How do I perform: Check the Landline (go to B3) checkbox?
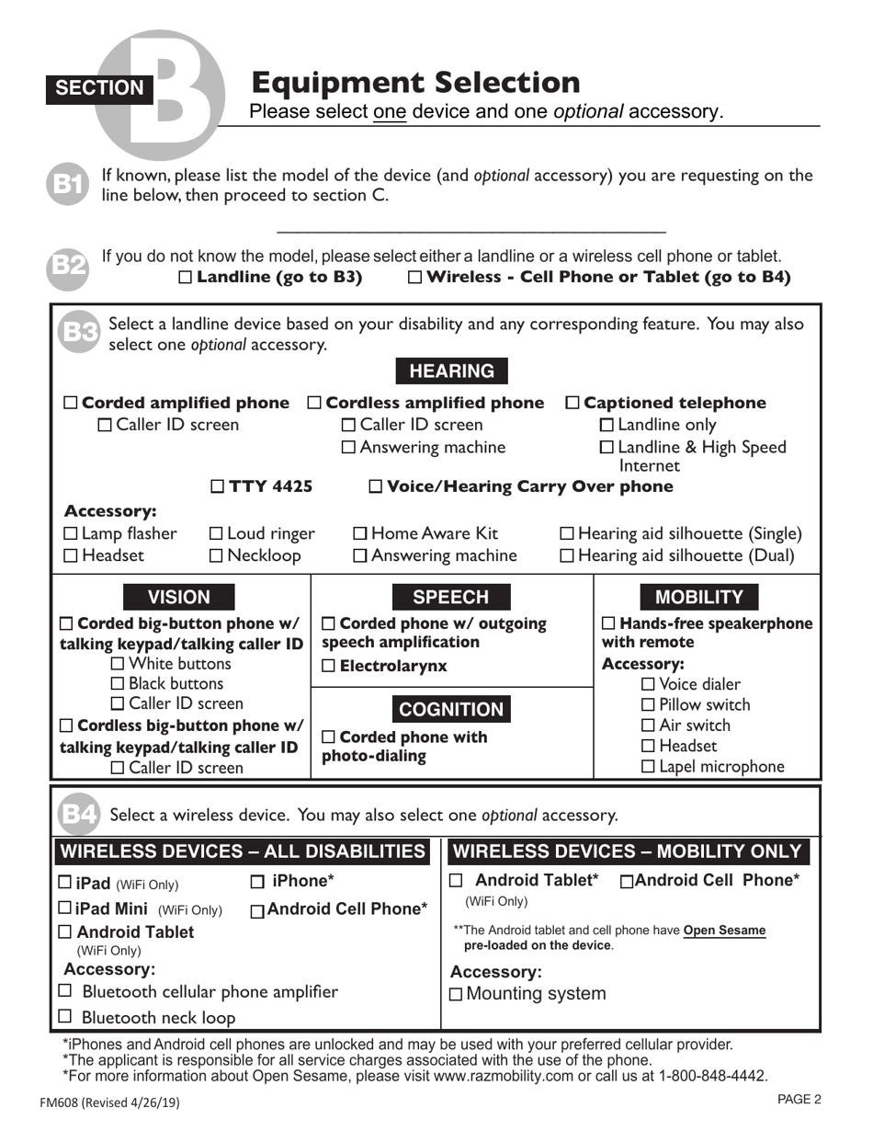click(x=186, y=278)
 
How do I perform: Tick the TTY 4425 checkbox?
click(x=218, y=486)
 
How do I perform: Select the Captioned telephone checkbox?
click(x=573, y=403)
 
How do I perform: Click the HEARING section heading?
click(x=451, y=371)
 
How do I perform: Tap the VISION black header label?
click(x=179, y=597)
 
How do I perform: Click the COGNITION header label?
click(x=451, y=709)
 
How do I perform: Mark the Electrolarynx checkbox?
click(x=328, y=667)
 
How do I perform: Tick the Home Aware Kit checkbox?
click(x=361, y=533)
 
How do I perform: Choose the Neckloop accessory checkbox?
click(x=217, y=555)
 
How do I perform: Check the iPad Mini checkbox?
click(x=64, y=908)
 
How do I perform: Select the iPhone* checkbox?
click(x=257, y=882)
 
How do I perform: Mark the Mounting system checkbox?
click(x=457, y=995)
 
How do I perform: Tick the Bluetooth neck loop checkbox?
click(x=64, y=1017)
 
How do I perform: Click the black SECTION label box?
click(x=99, y=87)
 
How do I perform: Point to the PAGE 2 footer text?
click(x=799, y=1099)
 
